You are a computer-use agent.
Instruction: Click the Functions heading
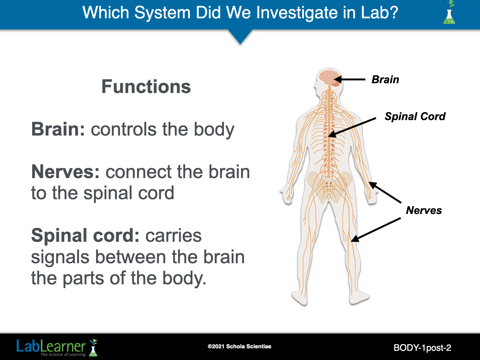coord(146,87)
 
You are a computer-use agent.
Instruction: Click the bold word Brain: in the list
coord(58,129)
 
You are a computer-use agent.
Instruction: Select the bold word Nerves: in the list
coord(66,172)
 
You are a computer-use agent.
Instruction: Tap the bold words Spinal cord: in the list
coord(85,235)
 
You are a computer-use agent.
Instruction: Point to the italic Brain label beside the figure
coord(385,79)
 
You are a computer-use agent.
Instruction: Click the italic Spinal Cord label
coord(415,116)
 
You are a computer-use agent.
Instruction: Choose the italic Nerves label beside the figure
coord(424,210)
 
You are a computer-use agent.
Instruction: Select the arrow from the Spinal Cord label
coord(352,127)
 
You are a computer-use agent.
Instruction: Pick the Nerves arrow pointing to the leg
coord(376,229)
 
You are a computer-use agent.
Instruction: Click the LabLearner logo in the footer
coord(57,347)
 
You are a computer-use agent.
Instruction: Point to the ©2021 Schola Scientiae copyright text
coord(239,346)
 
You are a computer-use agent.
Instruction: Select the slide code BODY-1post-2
coord(422,348)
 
